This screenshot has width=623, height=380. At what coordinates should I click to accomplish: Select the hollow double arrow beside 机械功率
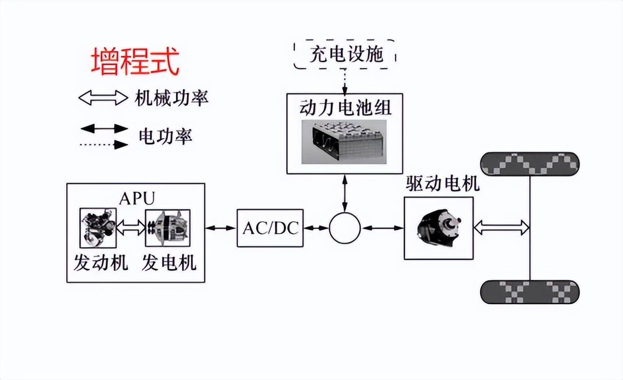click(103, 98)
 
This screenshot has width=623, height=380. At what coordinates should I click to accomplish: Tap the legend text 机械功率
click(171, 98)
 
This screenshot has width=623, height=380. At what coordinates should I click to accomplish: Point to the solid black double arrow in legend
click(104, 129)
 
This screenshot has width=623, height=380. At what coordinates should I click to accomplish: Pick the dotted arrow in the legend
click(104, 144)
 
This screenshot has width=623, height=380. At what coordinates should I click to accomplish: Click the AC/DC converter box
click(270, 228)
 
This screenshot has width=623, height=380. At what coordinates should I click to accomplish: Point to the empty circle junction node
click(345, 228)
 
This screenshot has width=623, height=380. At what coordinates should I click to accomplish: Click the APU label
click(137, 198)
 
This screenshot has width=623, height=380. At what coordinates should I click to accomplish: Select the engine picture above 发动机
click(97, 228)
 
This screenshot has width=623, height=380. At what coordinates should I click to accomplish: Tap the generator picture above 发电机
click(167, 228)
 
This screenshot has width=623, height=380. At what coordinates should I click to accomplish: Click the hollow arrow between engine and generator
click(131, 227)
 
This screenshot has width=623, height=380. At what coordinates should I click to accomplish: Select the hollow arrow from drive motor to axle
click(501, 227)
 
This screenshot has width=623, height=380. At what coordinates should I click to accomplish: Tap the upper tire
click(530, 165)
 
